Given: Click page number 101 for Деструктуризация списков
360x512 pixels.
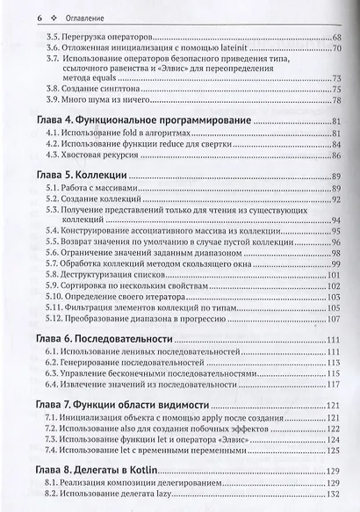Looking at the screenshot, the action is point(335,276).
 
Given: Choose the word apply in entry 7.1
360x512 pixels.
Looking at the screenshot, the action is point(227,420).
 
